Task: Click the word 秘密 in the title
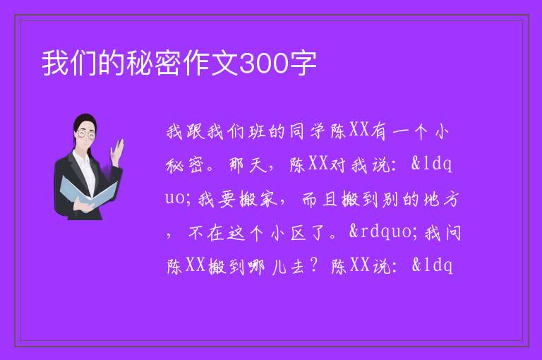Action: [155, 64]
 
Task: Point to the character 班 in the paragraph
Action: [256, 131]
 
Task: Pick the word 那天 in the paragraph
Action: [248, 165]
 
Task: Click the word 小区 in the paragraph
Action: [288, 233]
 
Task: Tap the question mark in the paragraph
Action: [314, 265]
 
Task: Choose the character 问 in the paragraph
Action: [453, 233]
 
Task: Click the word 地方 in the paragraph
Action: [442, 199]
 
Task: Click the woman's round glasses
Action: [86, 134]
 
